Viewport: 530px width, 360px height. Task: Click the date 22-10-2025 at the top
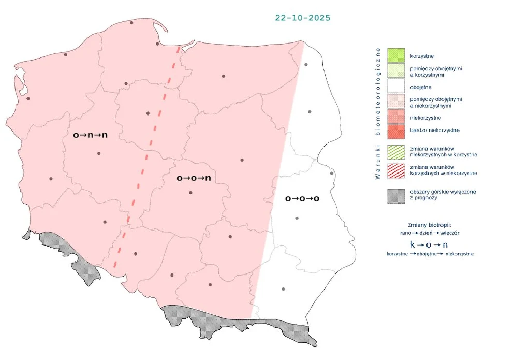click(303, 18)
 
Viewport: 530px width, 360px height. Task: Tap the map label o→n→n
click(90, 135)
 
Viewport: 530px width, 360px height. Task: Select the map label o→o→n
click(193, 178)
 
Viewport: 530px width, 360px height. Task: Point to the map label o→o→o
click(302, 199)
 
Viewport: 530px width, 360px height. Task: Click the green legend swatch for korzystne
click(395, 55)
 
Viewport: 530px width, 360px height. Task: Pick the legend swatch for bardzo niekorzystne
click(395, 130)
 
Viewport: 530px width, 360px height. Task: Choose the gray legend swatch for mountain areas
click(395, 195)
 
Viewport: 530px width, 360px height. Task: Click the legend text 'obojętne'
click(420, 87)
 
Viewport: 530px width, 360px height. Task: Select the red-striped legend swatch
click(395, 170)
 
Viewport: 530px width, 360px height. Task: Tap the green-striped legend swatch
click(395, 151)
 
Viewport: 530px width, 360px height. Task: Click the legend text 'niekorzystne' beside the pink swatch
click(425, 118)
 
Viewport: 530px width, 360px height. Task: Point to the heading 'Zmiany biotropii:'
click(430, 225)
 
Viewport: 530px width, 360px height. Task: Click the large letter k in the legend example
click(413, 244)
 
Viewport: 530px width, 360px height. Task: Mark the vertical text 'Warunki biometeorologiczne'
click(378, 113)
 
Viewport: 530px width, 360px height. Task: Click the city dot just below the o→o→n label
click(190, 193)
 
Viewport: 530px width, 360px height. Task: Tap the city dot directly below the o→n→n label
click(98, 153)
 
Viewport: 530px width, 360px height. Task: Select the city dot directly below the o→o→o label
click(297, 218)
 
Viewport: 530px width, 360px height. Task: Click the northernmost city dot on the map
click(131, 22)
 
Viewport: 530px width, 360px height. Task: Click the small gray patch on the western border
click(26, 235)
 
